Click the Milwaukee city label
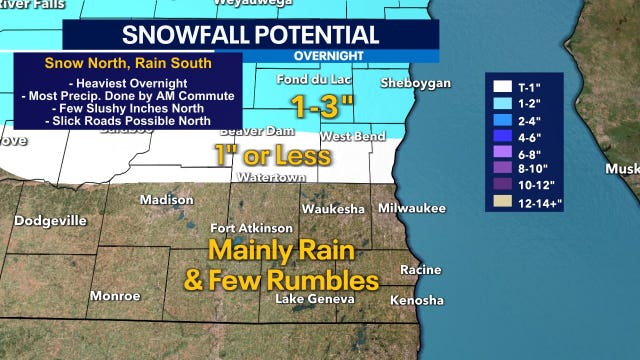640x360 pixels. [x=412, y=207]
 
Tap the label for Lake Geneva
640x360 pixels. [x=314, y=299]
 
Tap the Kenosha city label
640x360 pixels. [x=416, y=300]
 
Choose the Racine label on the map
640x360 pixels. [x=420, y=270]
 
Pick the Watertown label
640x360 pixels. [x=264, y=178]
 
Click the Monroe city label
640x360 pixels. [x=115, y=296]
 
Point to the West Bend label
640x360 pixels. [x=348, y=136]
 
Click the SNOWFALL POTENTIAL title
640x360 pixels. [x=250, y=35]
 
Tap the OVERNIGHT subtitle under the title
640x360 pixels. [x=329, y=56]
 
